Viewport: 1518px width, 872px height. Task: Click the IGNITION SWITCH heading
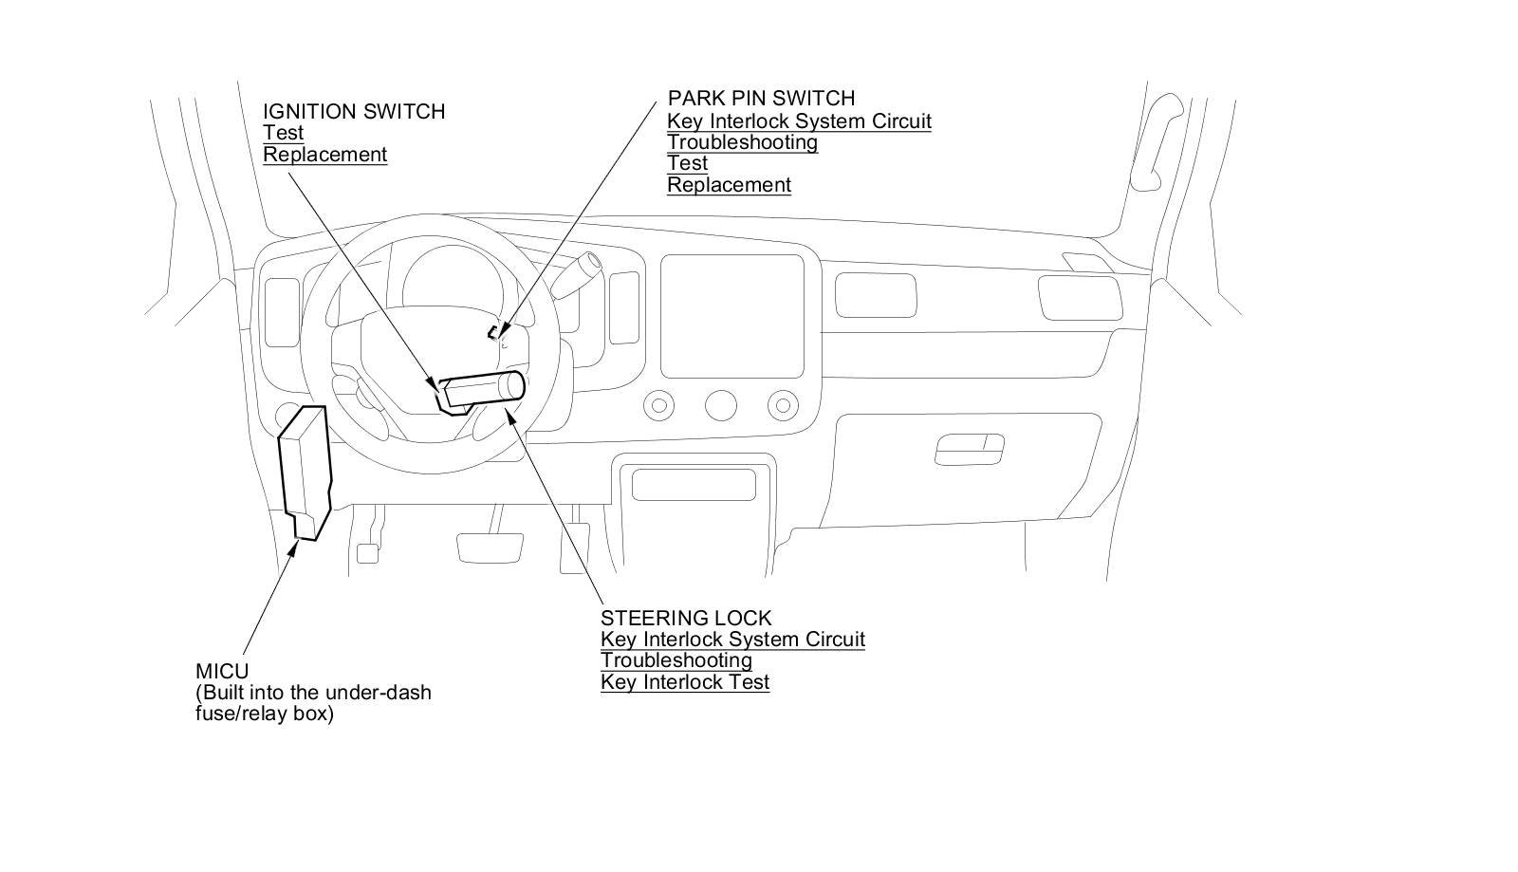[353, 111]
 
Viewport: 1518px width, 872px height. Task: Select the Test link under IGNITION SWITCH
[283, 133]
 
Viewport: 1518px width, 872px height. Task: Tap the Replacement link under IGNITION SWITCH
[324, 155]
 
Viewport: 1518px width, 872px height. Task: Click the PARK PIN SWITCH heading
[761, 98]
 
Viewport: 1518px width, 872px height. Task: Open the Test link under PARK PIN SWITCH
[687, 163]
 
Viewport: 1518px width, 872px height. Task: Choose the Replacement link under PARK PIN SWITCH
[729, 185]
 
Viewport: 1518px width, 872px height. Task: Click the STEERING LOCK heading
[686, 618]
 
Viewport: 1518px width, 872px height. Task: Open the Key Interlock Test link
[684, 681]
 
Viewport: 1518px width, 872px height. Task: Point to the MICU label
[222, 671]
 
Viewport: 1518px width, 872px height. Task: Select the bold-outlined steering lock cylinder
[484, 388]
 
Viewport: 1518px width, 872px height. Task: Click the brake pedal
[490, 547]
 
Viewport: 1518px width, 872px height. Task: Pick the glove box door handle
[969, 449]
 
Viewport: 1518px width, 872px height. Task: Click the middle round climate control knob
[721, 406]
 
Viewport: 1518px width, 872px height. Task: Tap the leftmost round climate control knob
[658, 406]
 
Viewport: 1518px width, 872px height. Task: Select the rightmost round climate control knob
[783, 406]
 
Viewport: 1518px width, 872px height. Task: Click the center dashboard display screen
[739, 316]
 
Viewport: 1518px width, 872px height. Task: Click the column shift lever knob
[590, 262]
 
